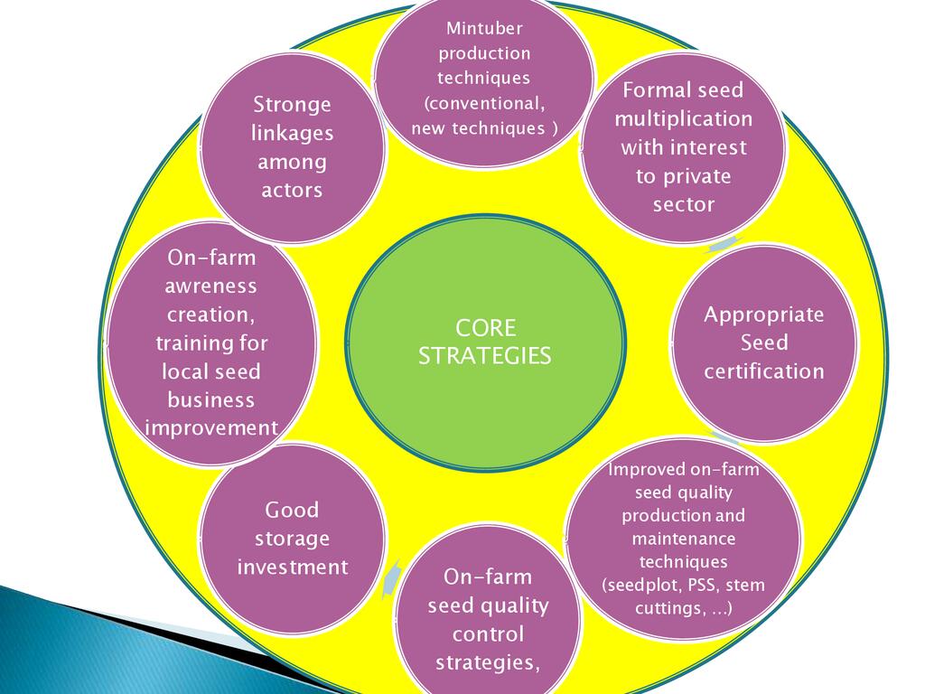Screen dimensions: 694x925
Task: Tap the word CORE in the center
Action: pos(485,327)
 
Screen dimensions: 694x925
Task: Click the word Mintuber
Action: pos(484,28)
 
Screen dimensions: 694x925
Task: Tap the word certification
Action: pos(764,371)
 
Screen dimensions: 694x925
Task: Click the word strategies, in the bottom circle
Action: pos(488,662)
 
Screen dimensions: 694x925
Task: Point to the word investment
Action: pos(292,567)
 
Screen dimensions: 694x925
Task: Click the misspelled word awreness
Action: pos(210,286)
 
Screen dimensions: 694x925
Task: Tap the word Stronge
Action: pos(292,105)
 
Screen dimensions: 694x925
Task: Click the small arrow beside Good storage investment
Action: pos(390,578)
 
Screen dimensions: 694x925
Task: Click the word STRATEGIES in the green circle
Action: pos(485,356)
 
